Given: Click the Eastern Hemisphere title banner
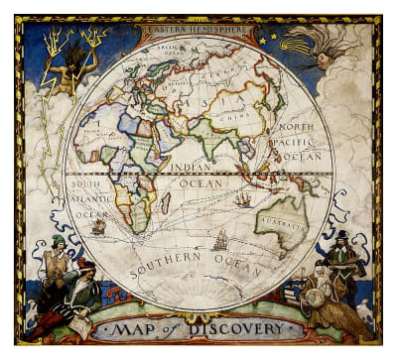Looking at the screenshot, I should (198, 29).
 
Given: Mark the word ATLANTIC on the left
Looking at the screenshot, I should (88, 198).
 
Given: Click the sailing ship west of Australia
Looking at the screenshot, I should (243, 199).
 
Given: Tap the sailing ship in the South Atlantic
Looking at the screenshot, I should (98, 227).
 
